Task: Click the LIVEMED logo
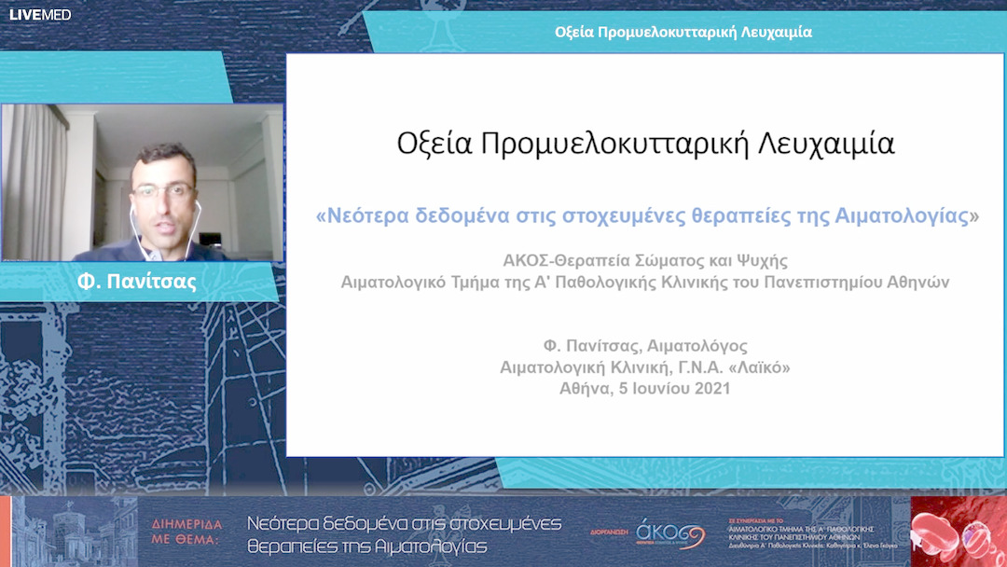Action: pos(39,14)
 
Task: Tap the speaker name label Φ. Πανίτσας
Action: pos(136,282)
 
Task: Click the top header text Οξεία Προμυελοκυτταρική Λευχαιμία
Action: pos(683,32)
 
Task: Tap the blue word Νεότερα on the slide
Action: pos(366,215)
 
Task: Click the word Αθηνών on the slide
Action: pos(917,282)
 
